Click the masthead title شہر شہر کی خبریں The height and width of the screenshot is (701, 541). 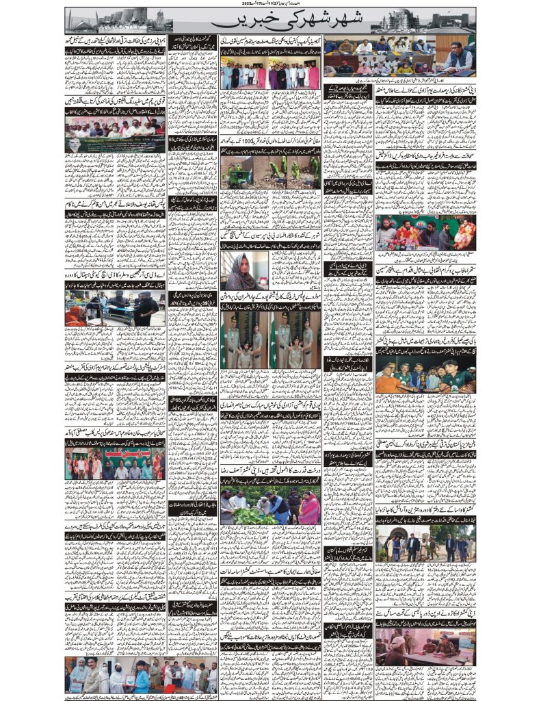(x=271, y=21)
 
